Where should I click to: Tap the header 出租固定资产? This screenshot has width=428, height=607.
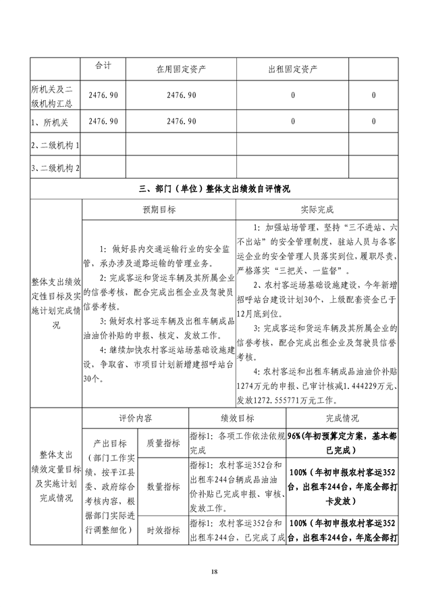coord(293,70)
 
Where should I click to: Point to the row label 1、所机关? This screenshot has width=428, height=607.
coord(48,121)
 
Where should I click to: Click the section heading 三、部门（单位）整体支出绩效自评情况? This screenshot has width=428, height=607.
coord(214,189)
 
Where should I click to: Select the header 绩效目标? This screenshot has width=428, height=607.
coord(236,418)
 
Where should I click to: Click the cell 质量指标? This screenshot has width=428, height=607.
coord(163,443)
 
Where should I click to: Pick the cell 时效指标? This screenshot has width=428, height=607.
coord(163,531)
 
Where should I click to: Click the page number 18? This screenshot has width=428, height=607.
coord(214,573)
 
